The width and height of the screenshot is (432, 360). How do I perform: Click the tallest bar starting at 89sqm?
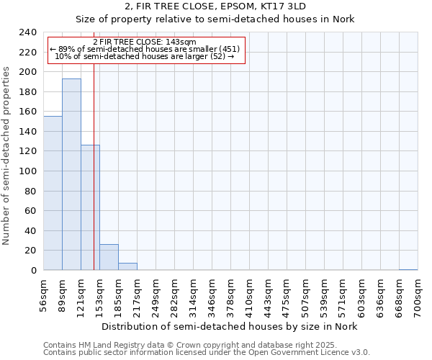click(x=71, y=174)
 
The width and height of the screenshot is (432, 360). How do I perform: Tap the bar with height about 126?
click(x=90, y=207)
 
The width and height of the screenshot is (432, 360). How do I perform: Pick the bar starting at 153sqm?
click(x=109, y=257)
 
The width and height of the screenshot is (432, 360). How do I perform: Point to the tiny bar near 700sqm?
click(x=408, y=269)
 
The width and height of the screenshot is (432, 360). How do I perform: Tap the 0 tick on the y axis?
click(x=33, y=270)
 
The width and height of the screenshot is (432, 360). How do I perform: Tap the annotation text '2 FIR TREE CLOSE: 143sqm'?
click(x=145, y=42)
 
